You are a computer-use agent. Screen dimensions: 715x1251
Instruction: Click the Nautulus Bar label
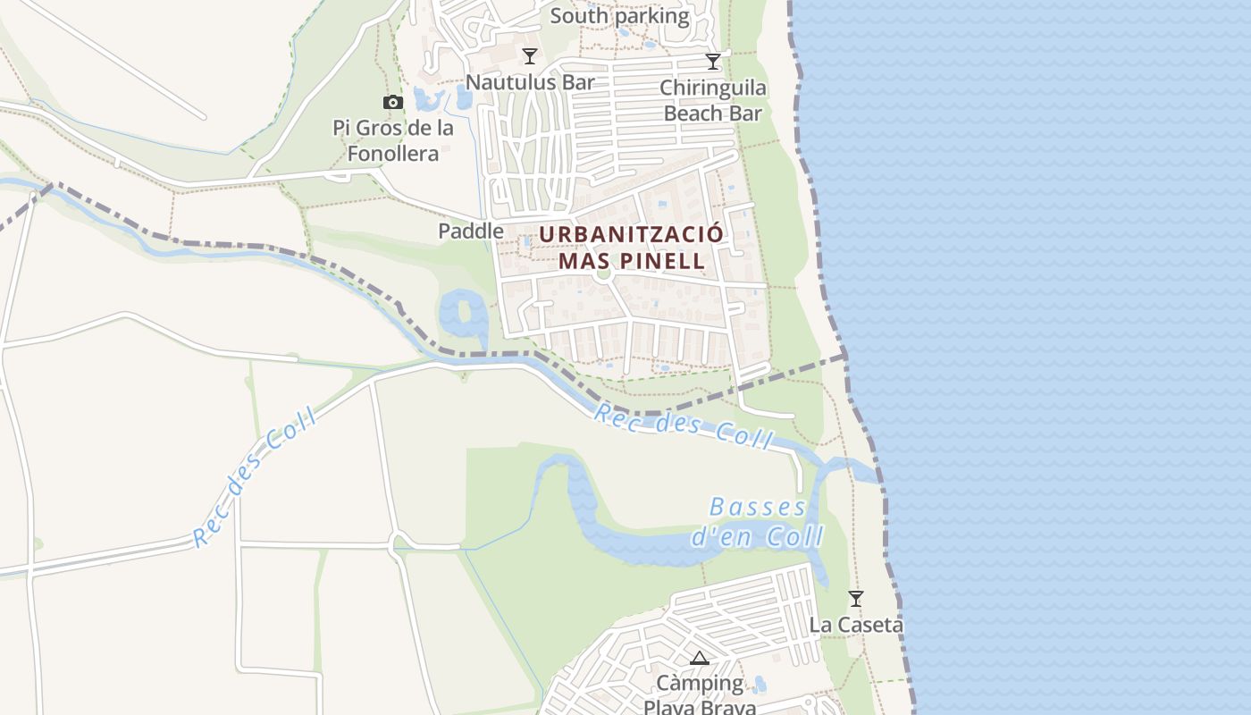530,82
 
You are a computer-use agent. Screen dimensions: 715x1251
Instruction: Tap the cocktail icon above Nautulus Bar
530,56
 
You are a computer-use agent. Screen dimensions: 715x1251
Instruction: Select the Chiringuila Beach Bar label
713,100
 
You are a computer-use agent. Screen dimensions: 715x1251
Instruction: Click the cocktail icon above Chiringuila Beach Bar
713,62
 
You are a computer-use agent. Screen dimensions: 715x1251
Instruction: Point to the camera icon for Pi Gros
392,103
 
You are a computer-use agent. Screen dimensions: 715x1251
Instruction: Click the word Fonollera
393,154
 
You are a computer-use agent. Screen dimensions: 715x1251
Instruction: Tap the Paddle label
471,231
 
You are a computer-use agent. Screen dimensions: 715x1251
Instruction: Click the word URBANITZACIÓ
631,234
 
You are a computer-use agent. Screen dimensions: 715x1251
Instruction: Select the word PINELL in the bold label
669,261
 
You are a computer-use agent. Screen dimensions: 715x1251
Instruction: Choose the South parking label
619,16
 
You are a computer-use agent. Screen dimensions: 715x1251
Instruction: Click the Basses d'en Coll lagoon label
758,522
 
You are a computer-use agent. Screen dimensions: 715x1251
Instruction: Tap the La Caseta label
856,625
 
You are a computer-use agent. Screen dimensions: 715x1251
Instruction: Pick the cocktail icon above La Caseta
856,598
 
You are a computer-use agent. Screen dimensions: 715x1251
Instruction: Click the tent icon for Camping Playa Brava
700,659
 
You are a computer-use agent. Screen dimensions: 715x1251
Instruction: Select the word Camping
700,684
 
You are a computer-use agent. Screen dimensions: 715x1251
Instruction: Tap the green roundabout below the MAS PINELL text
603,273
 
